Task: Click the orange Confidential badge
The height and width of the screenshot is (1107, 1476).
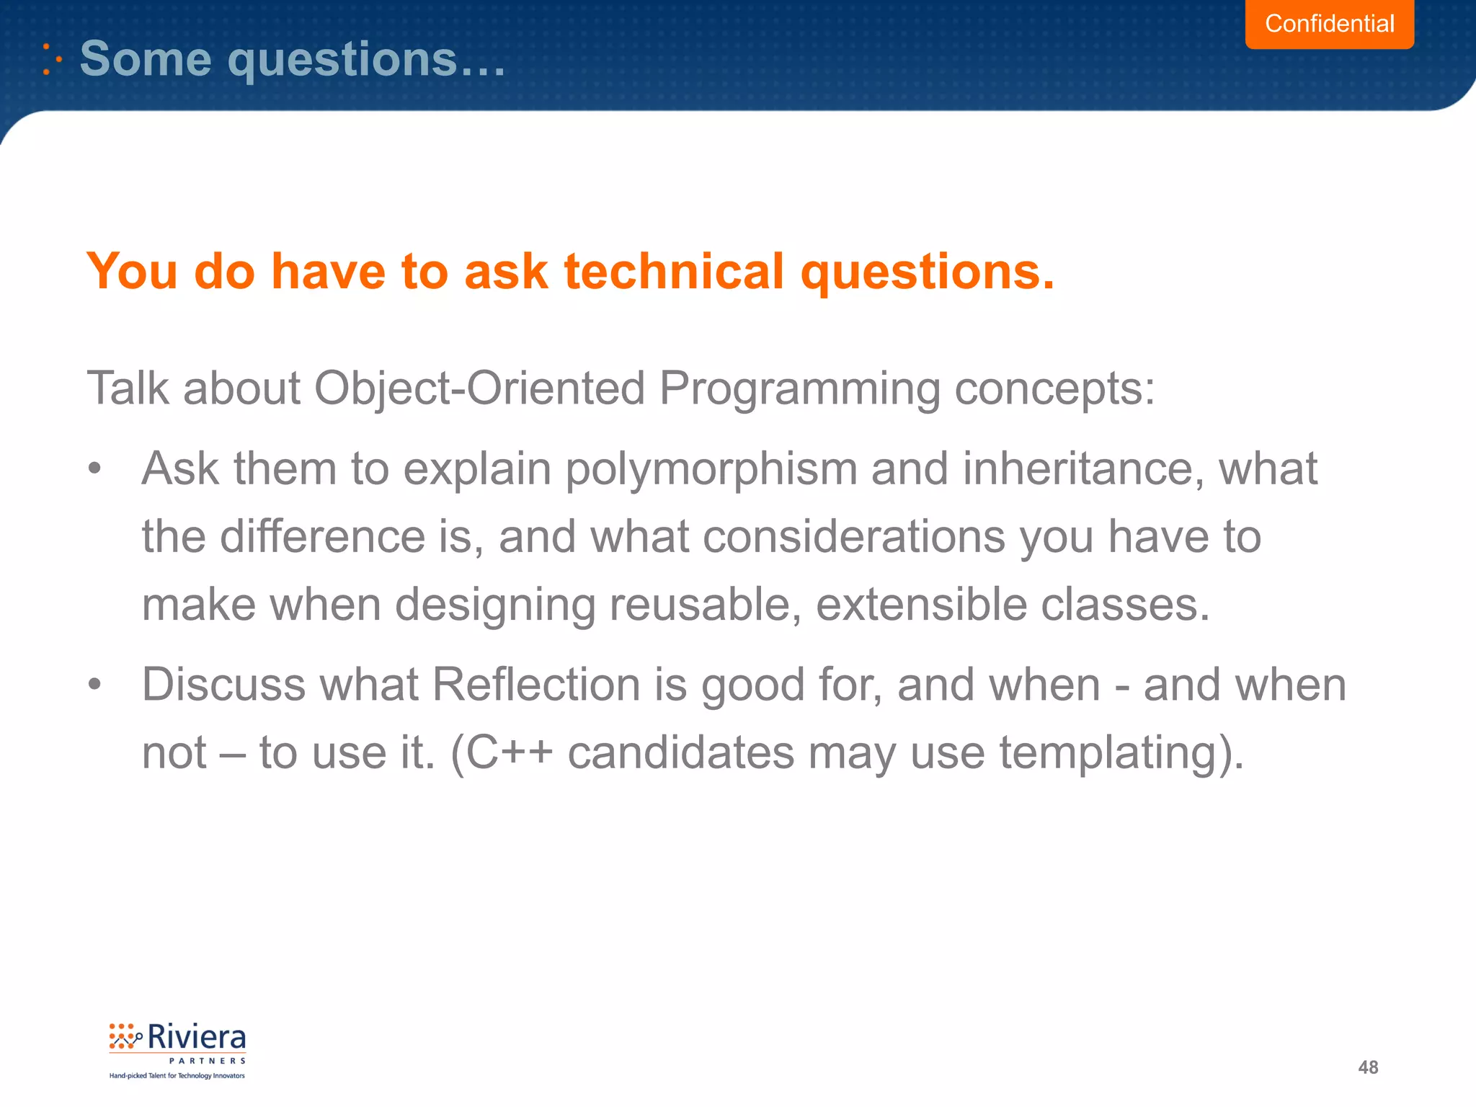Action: (x=1329, y=24)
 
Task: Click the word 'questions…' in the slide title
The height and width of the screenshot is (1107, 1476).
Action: (x=366, y=59)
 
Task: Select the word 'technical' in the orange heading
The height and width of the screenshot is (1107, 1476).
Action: (x=673, y=272)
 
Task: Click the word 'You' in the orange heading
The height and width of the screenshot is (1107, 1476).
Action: (x=132, y=272)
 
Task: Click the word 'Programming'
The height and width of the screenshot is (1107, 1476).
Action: (x=799, y=388)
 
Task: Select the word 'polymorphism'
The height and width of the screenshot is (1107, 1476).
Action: (x=711, y=469)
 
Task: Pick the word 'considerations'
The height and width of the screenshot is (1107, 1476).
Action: (x=853, y=537)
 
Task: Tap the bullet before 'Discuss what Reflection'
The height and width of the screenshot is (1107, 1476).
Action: (x=94, y=685)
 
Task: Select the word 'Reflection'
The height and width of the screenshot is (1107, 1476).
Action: (x=535, y=685)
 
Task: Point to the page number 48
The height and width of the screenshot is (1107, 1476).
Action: (x=1367, y=1067)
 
